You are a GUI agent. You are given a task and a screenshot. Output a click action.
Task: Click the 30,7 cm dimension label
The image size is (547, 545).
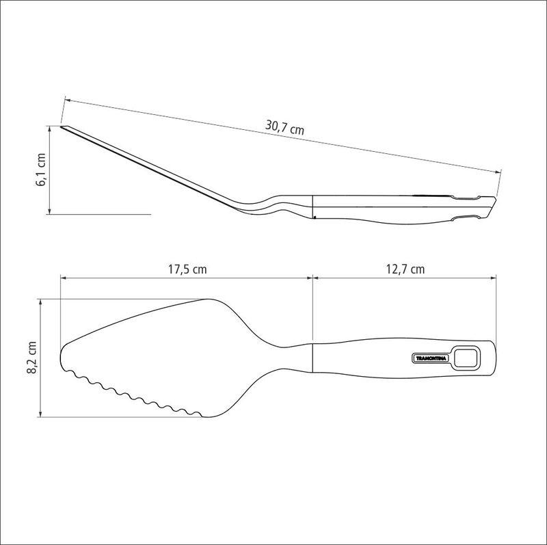285,127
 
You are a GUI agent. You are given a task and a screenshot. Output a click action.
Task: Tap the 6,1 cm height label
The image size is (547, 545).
41,171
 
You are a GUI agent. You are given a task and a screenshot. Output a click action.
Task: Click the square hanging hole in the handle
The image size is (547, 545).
468,357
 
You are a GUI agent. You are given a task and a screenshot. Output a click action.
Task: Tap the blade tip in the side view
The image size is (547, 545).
63,127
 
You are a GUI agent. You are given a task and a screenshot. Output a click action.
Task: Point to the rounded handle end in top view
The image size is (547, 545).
491,358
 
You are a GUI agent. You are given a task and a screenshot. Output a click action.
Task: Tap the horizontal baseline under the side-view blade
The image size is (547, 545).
103,215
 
